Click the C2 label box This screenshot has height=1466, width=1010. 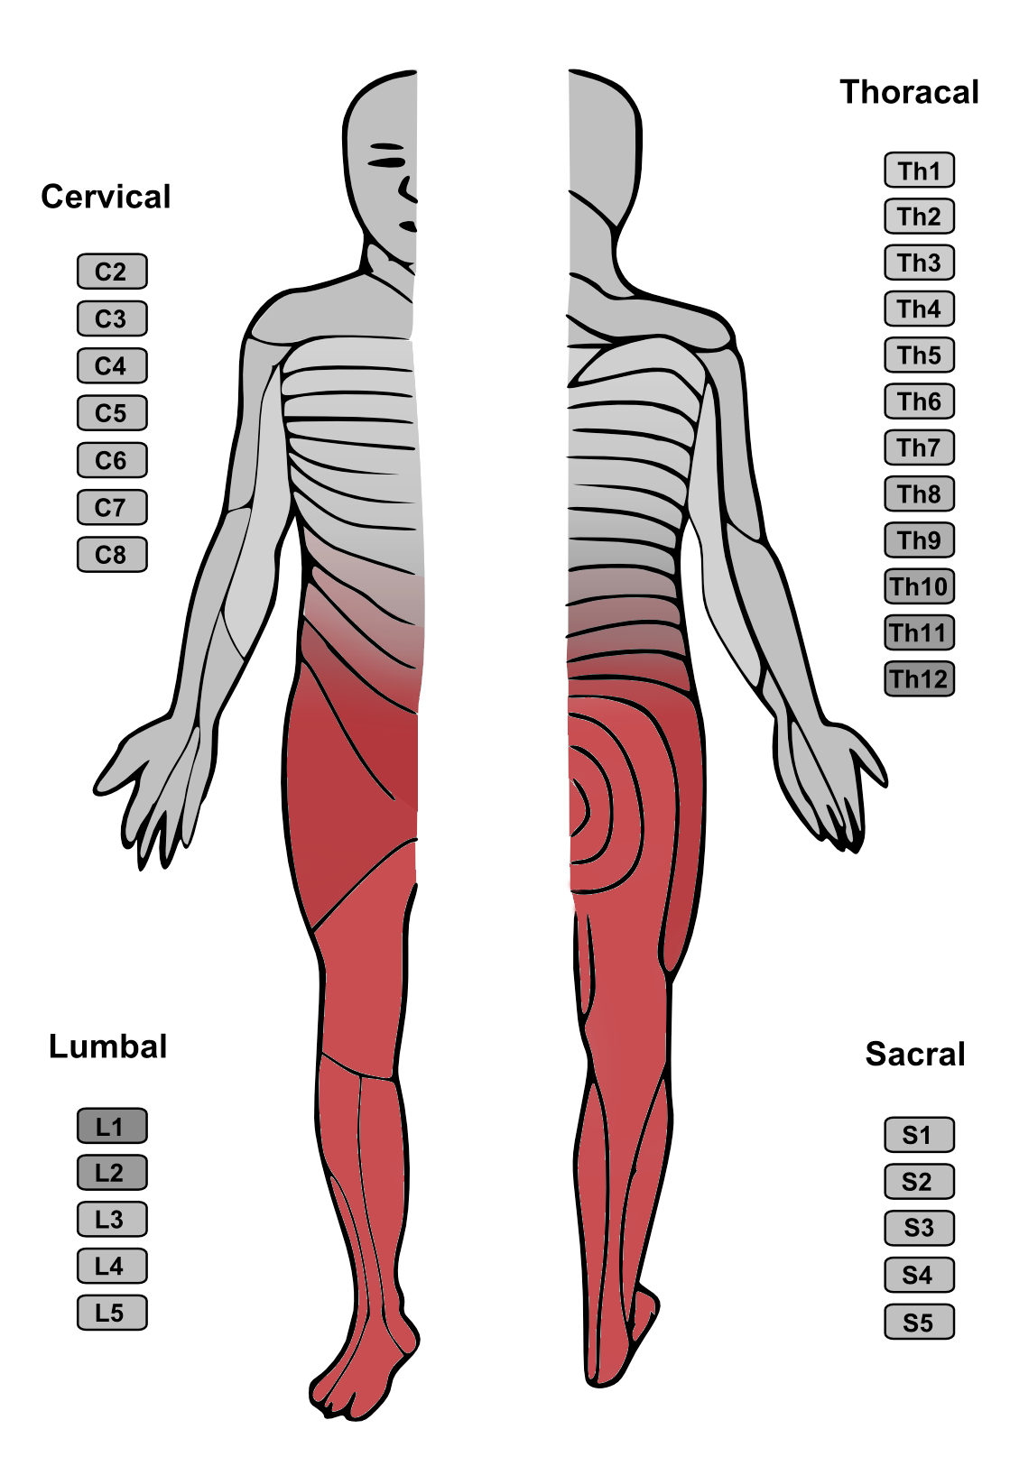[112, 272]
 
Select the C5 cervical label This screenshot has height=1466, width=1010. [112, 413]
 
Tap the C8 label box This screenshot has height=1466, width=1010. [112, 555]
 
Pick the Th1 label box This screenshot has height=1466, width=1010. [919, 171]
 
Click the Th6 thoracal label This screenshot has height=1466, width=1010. [919, 401]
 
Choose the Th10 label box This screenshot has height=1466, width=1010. [919, 586]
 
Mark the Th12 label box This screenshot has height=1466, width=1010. [919, 678]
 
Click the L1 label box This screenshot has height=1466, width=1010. [112, 1126]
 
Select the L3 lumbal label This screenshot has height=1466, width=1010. [112, 1219]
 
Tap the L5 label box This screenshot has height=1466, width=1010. [112, 1313]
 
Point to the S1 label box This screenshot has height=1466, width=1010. [919, 1134]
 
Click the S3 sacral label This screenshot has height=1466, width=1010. [919, 1228]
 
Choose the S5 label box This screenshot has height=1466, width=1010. [919, 1322]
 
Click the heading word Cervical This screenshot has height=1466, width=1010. [106, 197]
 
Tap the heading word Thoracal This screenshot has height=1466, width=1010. [909, 92]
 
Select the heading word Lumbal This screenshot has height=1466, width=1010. [107, 1046]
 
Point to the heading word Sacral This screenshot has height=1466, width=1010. [915, 1055]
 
